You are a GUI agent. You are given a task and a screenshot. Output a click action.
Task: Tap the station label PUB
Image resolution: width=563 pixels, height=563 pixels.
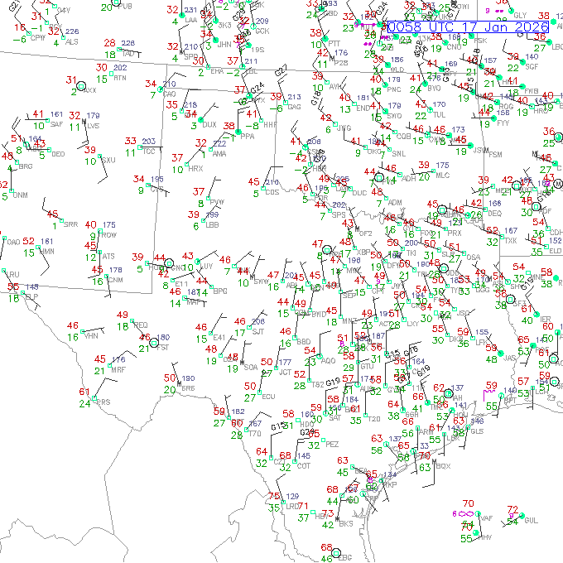point(126,7)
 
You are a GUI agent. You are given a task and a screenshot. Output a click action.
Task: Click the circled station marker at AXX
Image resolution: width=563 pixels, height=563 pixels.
point(81,85)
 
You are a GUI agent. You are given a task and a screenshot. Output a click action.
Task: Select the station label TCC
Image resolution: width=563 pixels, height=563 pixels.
point(149,152)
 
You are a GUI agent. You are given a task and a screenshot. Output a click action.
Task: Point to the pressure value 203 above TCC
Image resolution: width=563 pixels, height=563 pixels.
point(149,142)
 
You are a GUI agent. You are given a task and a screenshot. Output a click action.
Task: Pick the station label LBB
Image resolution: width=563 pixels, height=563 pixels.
point(213,224)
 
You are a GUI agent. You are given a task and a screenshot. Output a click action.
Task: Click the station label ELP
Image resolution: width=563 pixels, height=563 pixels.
point(31,296)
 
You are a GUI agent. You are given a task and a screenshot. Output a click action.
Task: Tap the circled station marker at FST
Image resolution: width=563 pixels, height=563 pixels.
point(153,341)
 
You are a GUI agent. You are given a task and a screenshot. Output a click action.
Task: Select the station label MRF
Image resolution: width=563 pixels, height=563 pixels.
point(119,370)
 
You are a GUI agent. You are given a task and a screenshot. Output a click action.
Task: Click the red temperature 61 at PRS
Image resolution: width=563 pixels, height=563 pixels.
point(84,392)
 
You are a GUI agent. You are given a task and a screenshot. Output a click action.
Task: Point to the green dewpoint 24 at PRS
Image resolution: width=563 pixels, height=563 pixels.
point(84,403)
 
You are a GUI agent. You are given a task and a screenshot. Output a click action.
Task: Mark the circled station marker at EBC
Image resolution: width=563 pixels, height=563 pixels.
point(336,552)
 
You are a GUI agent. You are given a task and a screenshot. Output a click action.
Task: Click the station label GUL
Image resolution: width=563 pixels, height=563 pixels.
point(531,520)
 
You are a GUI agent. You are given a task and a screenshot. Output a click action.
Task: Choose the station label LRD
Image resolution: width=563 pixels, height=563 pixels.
point(293,506)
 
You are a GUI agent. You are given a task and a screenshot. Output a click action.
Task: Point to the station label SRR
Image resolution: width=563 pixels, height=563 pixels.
point(71,224)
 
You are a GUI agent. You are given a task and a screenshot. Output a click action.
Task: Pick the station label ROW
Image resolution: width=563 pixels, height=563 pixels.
point(108,235)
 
